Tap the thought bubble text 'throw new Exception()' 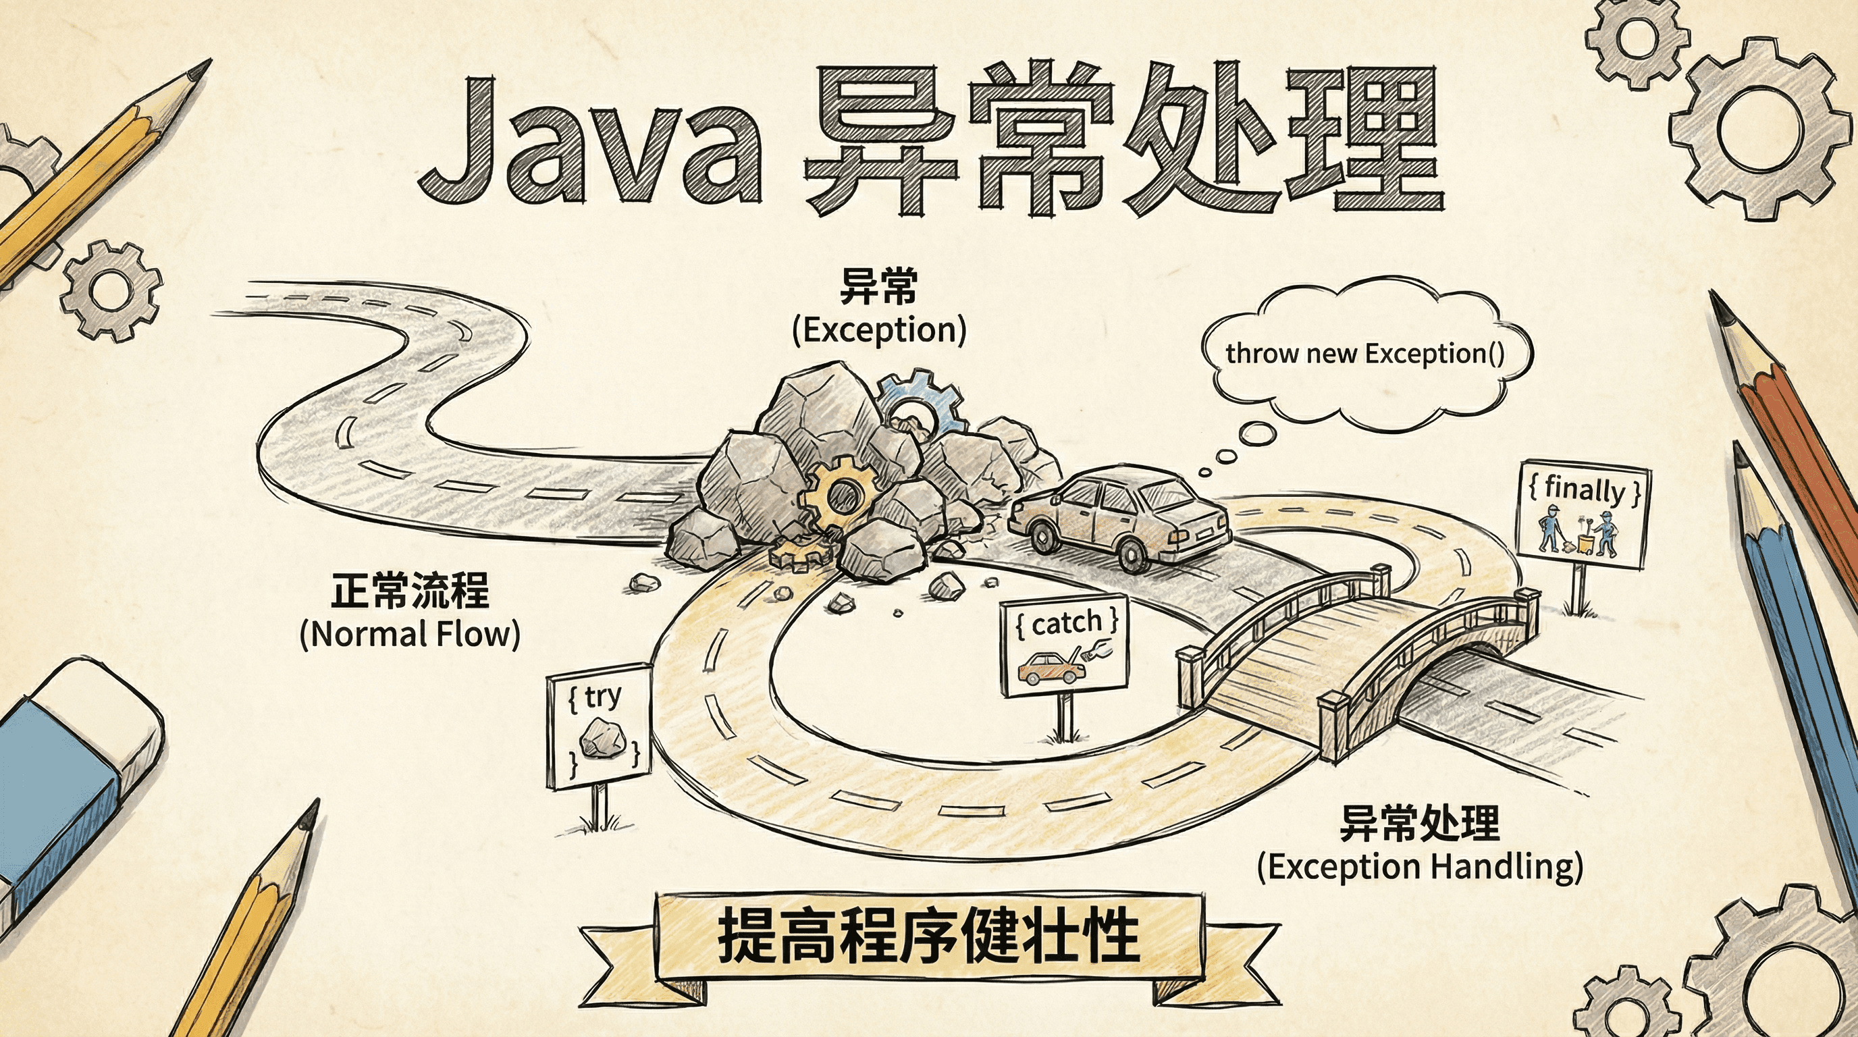tap(1364, 354)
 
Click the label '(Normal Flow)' tap(410, 635)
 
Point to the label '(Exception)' tap(878, 330)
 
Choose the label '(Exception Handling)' tap(1419, 866)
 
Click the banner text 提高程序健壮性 tap(929, 938)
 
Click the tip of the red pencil tap(1721, 307)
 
